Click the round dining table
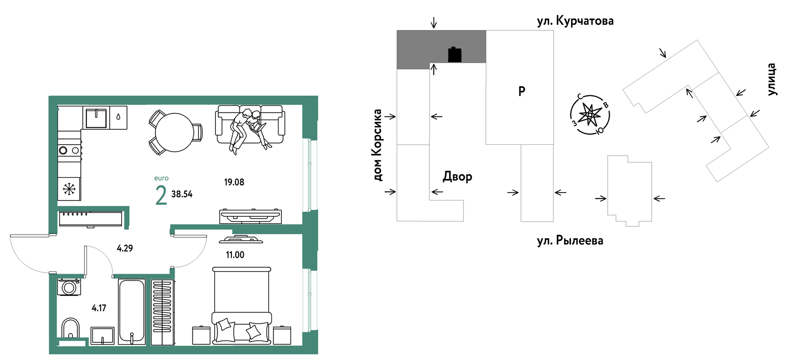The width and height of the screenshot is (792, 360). pyautogui.click(x=174, y=132)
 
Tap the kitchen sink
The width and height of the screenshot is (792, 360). pyautogui.click(x=96, y=117)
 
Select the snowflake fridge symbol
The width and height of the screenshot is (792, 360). pyautogui.click(x=69, y=189)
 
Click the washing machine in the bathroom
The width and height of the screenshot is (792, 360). pyautogui.click(x=69, y=287)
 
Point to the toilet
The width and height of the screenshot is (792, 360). pyautogui.click(x=70, y=329)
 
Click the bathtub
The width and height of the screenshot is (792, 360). pyautogui.click(x=132, y=311)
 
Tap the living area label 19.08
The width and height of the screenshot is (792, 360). pyautogui.click(x=234, y=182)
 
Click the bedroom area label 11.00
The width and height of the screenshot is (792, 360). pyautogui.click(x=235, y=255)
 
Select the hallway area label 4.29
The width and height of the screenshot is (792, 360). pyautogui.click(x=125, y=248)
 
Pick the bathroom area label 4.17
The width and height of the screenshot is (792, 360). pyautogui.click(x=99, y=308)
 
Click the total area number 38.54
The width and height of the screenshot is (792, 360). pyautogui.click(x=182, y=194)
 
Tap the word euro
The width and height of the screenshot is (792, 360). pyautogui.click(x=161, y=178)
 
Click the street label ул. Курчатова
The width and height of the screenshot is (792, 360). pyautogui.click(x=575, y=21)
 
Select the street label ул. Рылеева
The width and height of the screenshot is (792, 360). pyautogui.click(x=570, y=240)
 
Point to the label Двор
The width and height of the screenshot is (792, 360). pyautogui.click(x=457, y=176)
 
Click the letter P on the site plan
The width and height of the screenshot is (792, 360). pyautogui.click(x=522, y=91)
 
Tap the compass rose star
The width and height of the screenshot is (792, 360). pyautogui.click(x=590, y=115)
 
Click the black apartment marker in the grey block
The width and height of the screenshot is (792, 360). pyautogui.click(x=455, y=55)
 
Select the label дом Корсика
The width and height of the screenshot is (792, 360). pyautogui.click(x=377, y=145)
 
